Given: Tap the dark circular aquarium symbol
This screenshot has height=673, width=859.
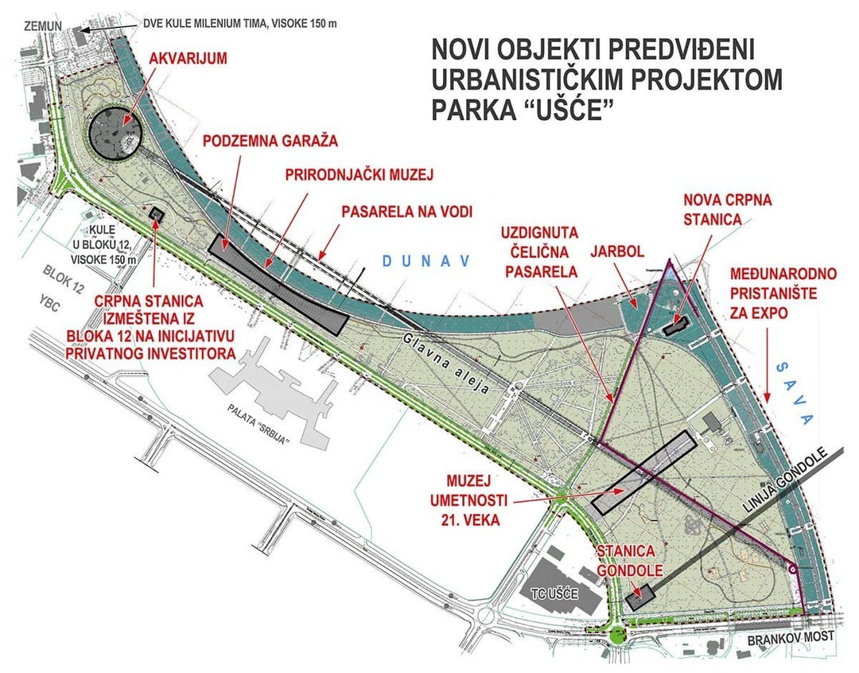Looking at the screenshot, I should point(115,133).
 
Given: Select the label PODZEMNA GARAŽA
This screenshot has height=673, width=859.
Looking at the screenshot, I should point(270,141).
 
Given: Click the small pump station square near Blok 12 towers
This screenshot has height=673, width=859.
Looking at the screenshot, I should point(156,214).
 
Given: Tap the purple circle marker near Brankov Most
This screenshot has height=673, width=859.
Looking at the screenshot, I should point(791,568).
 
